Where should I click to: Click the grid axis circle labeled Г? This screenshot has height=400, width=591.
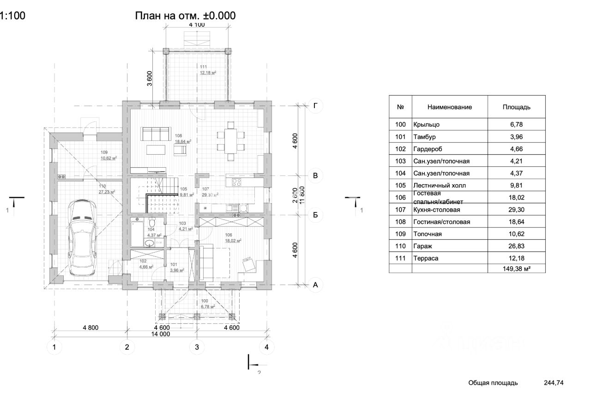point(315,106)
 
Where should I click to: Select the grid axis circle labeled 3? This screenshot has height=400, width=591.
point(197,347)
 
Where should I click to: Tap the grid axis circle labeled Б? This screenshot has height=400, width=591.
point(315,215)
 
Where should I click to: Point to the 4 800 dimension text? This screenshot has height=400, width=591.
point(90,327)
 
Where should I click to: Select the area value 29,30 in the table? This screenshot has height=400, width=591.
point(516,210)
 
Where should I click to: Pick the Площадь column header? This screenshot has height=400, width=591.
point(516,107)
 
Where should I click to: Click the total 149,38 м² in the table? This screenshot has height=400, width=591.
point(516,268)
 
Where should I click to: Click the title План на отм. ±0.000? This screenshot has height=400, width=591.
point(185,16)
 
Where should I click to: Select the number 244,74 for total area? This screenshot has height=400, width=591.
point(554,382)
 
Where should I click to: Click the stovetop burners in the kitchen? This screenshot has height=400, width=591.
point(236,182)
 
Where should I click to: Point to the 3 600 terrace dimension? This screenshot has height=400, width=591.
point(149,78)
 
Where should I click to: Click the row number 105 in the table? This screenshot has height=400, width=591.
point(400,185)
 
